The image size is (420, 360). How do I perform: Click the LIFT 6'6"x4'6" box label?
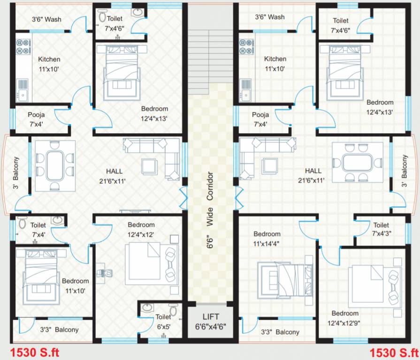pos(210,321)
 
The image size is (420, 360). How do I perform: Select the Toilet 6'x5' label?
pos(163,322)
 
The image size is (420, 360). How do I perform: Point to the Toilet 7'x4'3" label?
pos(381,229)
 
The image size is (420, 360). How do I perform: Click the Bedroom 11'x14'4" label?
pos(267,238)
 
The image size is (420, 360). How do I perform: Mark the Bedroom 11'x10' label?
pos(75,285)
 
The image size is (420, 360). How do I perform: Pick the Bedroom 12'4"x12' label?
pos(141,229)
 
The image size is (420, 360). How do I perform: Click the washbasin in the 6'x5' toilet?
pos(147,308)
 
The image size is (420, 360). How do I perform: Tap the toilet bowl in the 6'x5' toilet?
pos(173,310)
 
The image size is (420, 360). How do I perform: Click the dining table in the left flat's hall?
pos(55,164)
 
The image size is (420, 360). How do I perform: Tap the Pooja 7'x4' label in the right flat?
pos(260,119)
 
